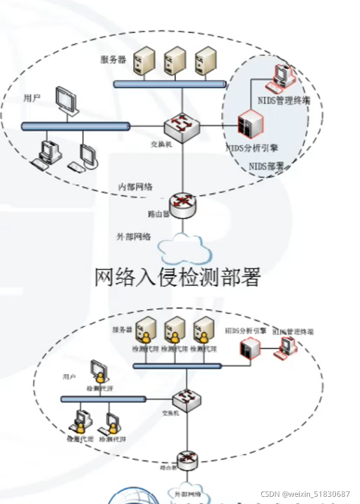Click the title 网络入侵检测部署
177,278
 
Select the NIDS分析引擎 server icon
251,123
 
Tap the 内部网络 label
135,187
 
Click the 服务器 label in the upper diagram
113,60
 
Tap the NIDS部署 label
266,166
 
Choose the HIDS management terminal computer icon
285,348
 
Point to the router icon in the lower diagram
187,460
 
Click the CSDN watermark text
305,494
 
